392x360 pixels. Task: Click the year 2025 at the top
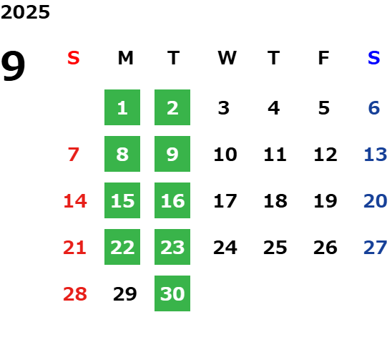click(x=25, y=12)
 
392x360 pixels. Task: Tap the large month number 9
click(x=13, y=66)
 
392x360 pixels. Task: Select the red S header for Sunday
click(x=74, y=58)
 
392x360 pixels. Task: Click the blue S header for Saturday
click(x=374, y=58)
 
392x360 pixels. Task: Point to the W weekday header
click(x=227, y=58)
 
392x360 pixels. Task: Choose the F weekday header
click(x=324, y=58)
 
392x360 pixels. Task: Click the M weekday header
click(x=125, y=58)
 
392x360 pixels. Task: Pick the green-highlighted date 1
click(x=122, y=107)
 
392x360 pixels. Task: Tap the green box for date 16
click(x=172, y=200)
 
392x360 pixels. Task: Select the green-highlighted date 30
click(x=172, y=293)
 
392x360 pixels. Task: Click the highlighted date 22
click(x=122, y=247)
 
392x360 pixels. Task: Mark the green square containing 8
click(x=122, y=154)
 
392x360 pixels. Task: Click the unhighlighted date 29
click(x=125, y=294)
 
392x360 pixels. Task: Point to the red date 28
click(x=75, y=294)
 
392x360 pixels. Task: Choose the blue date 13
click(x=376, y=155)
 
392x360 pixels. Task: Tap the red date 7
click(x=74, y=155)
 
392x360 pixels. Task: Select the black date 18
click(x=275, y=201)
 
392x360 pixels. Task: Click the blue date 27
click(x=376, y=248)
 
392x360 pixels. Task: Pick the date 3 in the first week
click(x=224, y=108)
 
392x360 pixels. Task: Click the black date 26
click(x=325, y=248)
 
